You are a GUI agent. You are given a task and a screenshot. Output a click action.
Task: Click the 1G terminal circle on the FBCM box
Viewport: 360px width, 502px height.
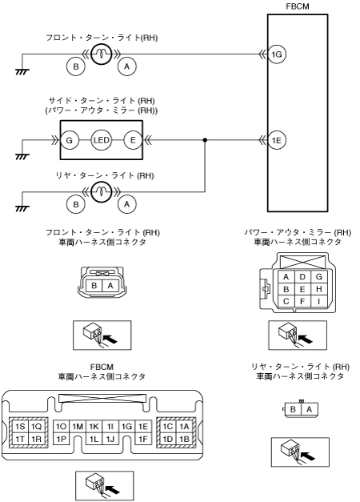(x=277, y=54)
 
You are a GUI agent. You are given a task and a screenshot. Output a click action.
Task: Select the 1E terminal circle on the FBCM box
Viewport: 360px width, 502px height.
(x=277, y=140)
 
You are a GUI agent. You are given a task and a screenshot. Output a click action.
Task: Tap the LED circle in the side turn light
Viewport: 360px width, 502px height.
(x=101, y=140)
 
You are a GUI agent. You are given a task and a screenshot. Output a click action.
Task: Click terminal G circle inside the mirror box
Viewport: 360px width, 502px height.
(x=69, y=140)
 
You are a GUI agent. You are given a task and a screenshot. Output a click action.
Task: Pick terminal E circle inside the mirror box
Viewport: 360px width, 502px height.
(x=133, y=140)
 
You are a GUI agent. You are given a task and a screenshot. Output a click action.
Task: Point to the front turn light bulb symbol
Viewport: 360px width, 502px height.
(x=101, y=54)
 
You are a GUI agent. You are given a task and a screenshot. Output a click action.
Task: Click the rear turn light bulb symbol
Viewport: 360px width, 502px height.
(x=101, y=192)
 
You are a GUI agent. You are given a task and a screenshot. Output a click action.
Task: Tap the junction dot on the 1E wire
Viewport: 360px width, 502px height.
(x=205, y=140)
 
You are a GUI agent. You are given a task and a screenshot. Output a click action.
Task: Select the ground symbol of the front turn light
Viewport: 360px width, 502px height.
(x=22, y=72)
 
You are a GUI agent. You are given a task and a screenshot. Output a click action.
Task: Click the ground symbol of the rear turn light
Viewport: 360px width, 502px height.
(x=22, y=209)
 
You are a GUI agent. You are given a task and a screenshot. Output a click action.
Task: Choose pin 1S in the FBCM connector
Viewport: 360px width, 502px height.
(x=20, y=427)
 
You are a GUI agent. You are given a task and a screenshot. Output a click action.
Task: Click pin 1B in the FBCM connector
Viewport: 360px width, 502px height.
(x=184, y=439)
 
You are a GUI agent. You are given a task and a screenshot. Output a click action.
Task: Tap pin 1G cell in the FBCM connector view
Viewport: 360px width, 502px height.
(x=126, y=427)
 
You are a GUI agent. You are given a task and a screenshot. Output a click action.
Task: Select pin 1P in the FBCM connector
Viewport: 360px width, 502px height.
(x=61, y=439)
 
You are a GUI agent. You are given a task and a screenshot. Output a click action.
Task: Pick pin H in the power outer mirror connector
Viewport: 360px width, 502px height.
(x=318, y=289)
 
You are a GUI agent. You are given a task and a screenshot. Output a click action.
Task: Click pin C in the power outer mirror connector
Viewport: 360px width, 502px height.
(x=286, y=301)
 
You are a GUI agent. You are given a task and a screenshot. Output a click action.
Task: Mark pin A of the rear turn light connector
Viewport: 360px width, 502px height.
(x=309, y=409)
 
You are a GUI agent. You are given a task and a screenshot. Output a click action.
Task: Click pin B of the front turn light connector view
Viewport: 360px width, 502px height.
(x=94, y=285)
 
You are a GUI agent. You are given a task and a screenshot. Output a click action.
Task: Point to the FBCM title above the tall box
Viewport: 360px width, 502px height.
(x=298, y=6)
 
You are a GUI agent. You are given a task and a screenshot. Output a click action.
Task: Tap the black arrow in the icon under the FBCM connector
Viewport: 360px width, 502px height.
(x=112, y=489)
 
